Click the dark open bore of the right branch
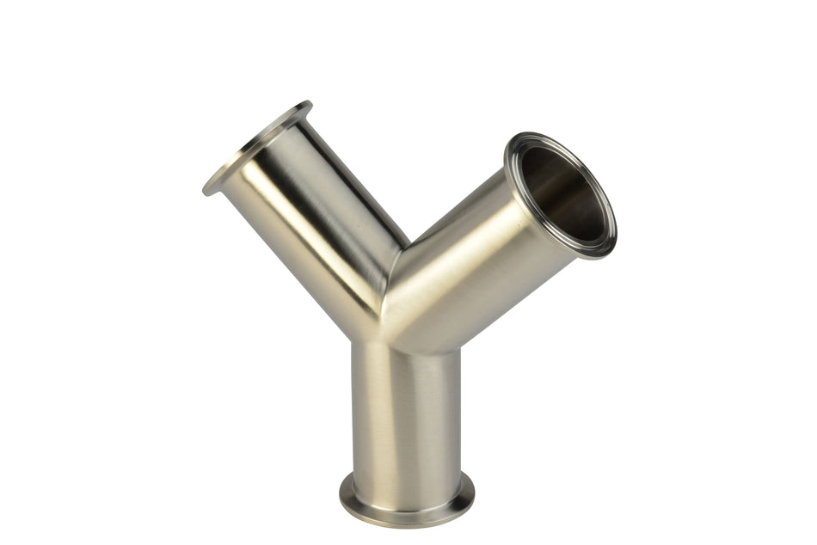(563, 193)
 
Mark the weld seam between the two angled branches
(391, 284)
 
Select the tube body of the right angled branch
(482, 258)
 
